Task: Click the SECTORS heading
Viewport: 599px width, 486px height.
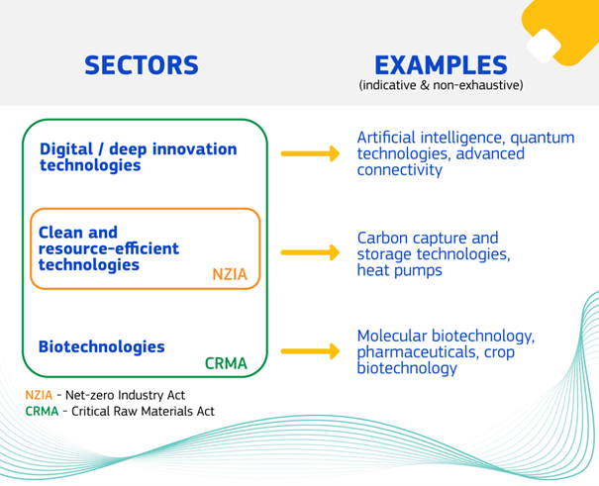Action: tap(142, 65)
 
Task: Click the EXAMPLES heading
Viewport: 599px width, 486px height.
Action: tap(441, 65)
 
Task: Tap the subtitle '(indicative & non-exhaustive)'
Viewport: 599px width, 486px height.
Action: tap(441, 85)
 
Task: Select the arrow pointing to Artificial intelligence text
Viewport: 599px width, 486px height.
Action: tap(310, 153)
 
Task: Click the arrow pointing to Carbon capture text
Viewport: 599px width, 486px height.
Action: tap(310, 252)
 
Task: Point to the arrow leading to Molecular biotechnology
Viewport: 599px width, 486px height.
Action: tap(310, 351)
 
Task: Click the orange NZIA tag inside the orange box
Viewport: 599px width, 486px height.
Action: tap(230, 274)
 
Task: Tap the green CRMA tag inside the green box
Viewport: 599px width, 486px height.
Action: tap(226, 363)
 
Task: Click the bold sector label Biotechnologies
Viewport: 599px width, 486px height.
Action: tap(102, 346)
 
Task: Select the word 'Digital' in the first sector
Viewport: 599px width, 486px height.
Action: tap(66, 149)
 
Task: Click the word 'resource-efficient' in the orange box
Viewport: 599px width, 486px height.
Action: tap(109, 248)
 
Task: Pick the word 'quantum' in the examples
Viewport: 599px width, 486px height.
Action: tap(543, 138)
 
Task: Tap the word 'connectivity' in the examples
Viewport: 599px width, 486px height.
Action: tap(400, 170)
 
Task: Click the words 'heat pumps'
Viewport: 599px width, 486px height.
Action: tap(400, 270)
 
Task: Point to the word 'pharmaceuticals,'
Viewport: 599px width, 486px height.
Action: tap(418, 352)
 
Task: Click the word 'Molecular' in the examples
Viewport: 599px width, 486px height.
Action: tap(392, 336)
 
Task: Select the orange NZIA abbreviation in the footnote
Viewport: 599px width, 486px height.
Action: tap(39, 395)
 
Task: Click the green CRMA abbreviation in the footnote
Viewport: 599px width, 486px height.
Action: tap(42, 411)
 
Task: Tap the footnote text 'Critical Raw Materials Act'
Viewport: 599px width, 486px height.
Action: tap(143, 411)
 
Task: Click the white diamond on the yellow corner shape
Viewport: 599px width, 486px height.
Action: tap(544, 46)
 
